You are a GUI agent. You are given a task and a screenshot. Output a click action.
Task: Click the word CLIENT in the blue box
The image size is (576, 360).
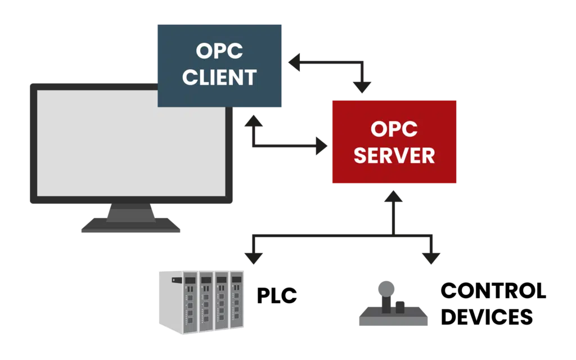(x=219, y=78)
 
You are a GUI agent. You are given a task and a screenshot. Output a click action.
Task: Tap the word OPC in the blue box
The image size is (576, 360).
(x=219, y=51)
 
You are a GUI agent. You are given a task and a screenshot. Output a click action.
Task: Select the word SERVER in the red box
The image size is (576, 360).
(x=394, y=155)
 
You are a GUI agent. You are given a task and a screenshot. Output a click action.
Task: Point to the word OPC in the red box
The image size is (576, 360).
(x=394, y=129)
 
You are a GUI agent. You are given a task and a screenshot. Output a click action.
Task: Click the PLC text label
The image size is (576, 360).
(x=277, y=296)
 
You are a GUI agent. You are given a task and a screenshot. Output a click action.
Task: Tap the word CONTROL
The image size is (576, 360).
(x=493, y=291)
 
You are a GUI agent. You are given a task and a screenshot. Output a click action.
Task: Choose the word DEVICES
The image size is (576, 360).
(x=487, y=317)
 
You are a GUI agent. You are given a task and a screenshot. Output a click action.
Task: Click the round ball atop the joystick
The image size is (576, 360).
(x=386, y=289)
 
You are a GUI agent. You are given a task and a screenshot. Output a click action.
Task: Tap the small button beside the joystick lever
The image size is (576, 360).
(x=400, y=308)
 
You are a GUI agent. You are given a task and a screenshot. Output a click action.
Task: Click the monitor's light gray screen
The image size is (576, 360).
(x=131, y=143)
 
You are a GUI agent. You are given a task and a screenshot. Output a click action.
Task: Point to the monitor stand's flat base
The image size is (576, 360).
(x=130, y=225)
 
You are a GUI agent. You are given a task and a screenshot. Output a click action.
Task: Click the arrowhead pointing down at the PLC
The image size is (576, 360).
(x=254, y=259)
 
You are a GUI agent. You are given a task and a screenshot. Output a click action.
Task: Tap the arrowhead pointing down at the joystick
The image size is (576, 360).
(x=431, y=259)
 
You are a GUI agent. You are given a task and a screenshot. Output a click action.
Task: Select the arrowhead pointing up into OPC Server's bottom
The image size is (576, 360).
(x=393, y=196)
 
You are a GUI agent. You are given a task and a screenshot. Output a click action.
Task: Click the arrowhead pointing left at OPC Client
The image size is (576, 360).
(x=294, y=62)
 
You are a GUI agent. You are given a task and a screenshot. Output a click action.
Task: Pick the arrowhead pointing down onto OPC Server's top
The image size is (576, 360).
(x=362, y=88)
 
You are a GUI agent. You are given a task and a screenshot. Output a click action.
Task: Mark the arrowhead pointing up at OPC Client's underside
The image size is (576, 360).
(x=254, y=121)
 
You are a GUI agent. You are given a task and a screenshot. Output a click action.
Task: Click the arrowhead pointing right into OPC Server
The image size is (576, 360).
(x=322, y=146)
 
